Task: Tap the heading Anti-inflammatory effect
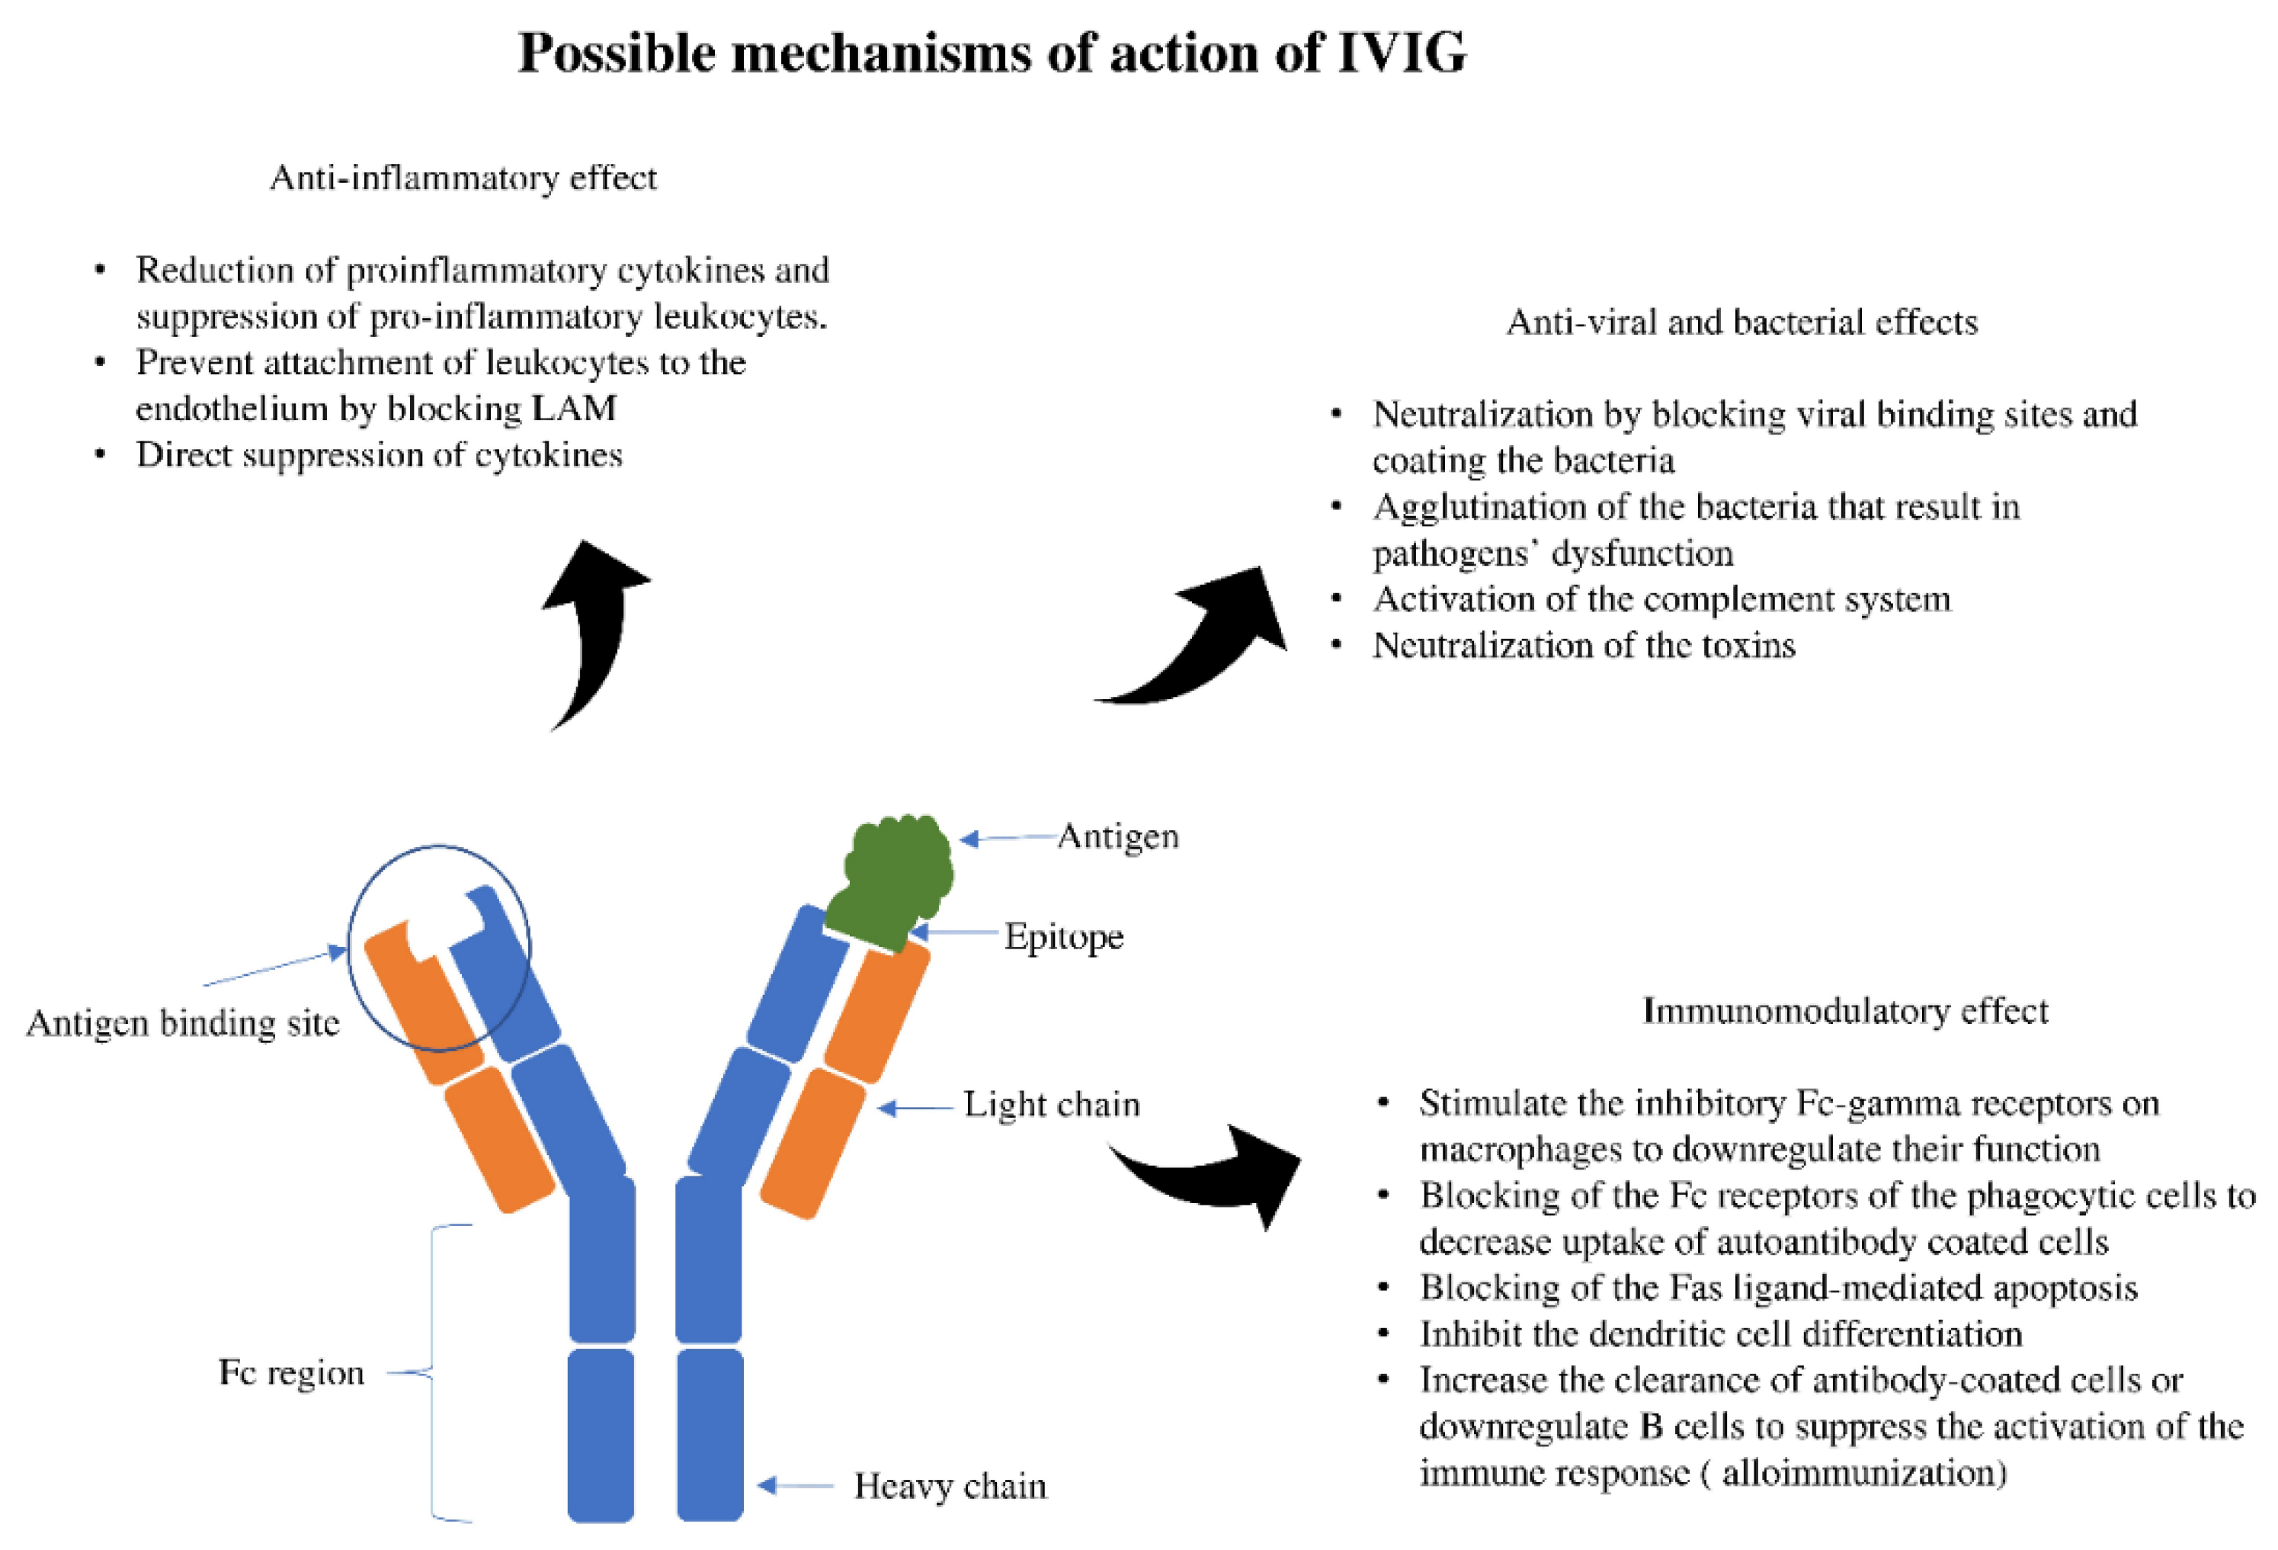(x=463, y=178)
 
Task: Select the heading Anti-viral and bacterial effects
(x=1741, y=323)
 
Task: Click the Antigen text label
(x=1117, y=836)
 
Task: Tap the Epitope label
(x=1063, y=937)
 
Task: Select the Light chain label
(x=1051, y=1105)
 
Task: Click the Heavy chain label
(x=949, y=1486)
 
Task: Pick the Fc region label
(x=291, y=1372)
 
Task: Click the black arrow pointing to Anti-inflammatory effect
(x=591, y=627)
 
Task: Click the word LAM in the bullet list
(x=575, y=409)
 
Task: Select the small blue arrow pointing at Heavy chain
(x=794, y=1485)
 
